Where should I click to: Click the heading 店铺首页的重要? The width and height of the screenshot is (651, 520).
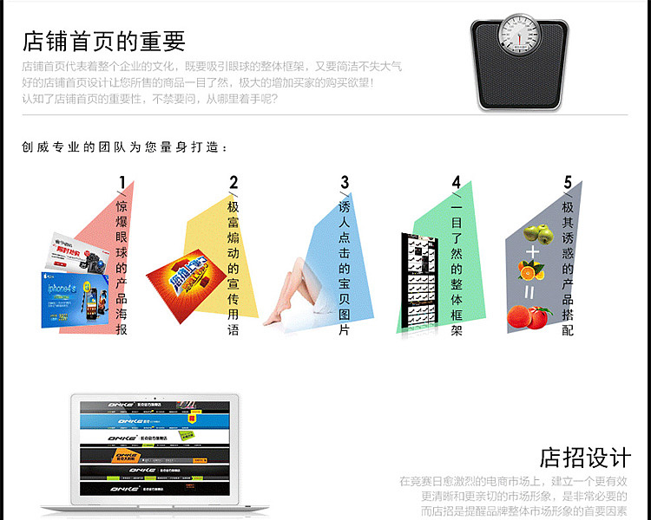tap(104, 40)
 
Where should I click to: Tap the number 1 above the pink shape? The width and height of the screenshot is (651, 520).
tap(122, 182)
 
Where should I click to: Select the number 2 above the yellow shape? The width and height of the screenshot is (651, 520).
tap(233, 182)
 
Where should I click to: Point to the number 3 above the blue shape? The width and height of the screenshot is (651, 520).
tap(345, 182)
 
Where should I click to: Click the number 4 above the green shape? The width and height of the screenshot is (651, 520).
tap(456, 182)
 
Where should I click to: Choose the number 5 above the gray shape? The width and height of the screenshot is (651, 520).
tap(568, 182)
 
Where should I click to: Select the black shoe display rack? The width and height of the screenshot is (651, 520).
tap(420, 282)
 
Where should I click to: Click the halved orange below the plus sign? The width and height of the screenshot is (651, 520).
tap(533, 271)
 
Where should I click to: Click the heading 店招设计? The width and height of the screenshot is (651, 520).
tap(585, 457)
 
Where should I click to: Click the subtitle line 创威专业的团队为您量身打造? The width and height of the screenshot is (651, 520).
tap(126, 147)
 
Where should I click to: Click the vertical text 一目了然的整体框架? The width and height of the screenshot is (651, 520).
tap(457, 269)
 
